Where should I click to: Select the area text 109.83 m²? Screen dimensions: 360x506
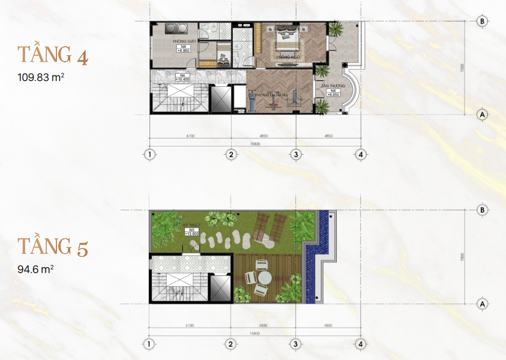(41, 77)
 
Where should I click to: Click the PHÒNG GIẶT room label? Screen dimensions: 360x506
(182, 41)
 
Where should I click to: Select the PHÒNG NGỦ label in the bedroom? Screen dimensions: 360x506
(288, 57)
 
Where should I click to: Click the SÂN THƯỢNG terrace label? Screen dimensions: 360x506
(331, 87)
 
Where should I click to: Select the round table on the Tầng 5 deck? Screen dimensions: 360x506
(262, 277)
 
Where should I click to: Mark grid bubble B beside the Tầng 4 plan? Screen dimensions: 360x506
(481, 21)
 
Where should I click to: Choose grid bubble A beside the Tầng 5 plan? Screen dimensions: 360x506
(481, 304)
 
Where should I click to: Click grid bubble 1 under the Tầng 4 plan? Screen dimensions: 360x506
(149, 154)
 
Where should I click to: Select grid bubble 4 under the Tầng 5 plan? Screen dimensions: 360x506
(360, 344)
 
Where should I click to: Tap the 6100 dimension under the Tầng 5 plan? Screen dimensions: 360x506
(190, 326)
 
